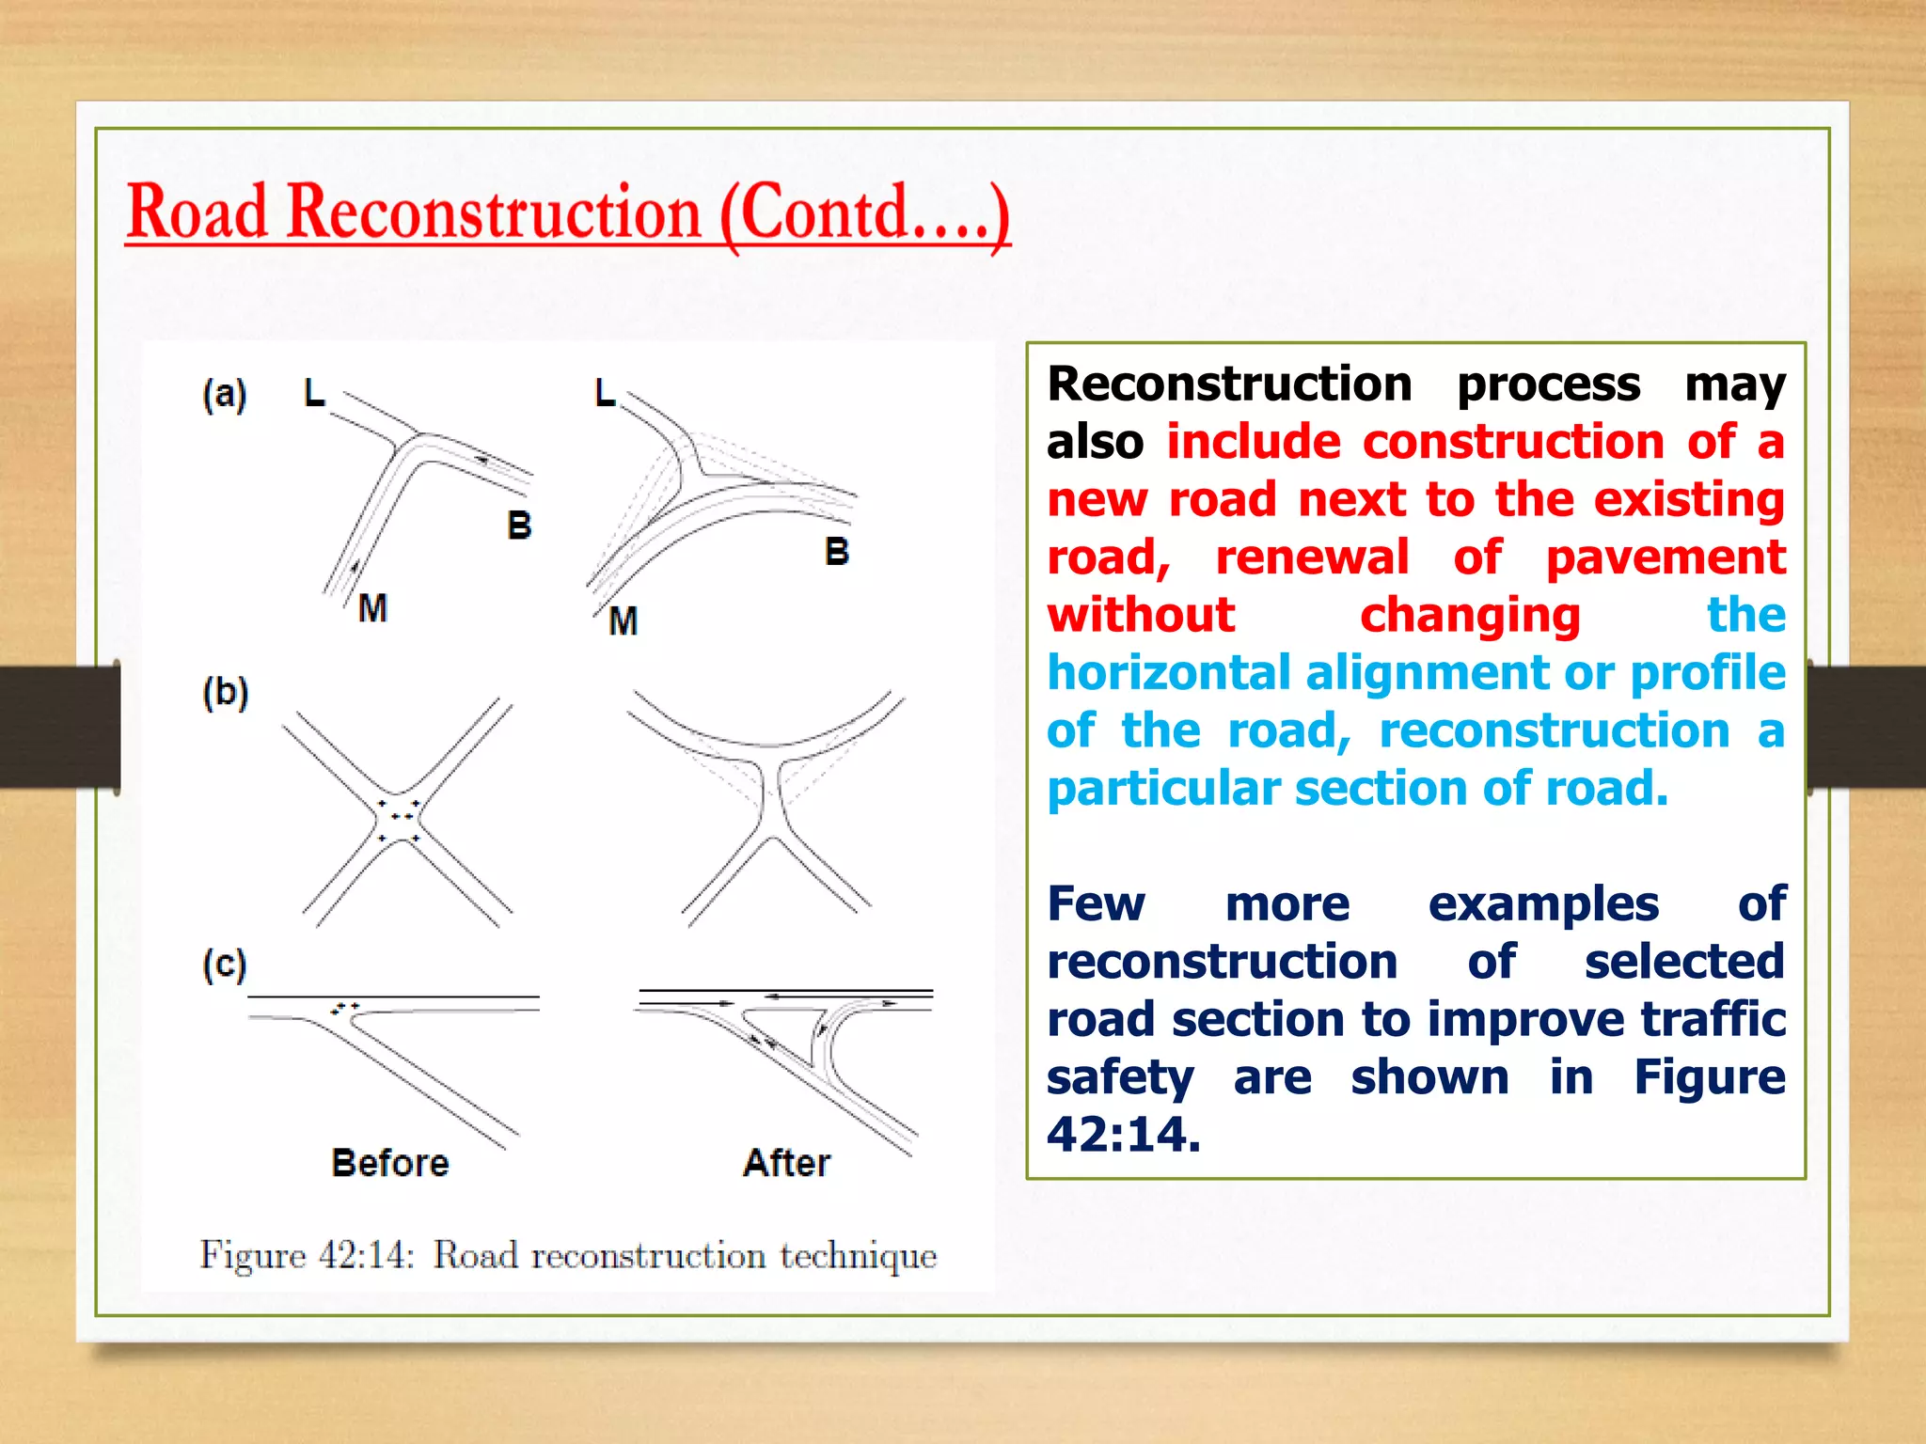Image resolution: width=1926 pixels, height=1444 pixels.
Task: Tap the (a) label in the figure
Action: pos(225,394)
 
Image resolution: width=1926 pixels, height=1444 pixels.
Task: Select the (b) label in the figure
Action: pos(226,694)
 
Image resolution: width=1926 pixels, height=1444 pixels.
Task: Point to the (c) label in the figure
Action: pos(225,965)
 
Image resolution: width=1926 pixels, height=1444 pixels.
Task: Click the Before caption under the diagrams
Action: pos(390,1164)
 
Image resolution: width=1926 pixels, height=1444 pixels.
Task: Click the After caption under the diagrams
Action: pos(786,1164)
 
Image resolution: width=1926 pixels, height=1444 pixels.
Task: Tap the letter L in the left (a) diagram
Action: pos(314,393)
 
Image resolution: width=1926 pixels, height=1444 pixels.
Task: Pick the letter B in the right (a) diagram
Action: pos(836,552)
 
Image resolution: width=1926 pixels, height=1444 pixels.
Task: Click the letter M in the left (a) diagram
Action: pos(372,608)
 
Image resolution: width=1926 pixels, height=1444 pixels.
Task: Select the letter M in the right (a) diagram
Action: pos(623,621)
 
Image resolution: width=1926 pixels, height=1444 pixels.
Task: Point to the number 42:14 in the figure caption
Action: pos(366,1256)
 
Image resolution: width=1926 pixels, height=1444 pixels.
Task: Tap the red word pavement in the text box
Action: pos(1666,557)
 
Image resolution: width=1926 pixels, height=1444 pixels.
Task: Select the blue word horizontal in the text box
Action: pos(1169,673)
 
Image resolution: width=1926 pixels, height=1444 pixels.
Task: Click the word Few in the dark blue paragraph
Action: pos(1096,904)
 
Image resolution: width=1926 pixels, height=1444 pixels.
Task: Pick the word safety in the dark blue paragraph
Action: pos(1119,1077)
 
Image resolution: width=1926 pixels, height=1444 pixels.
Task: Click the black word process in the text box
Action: pos(1548,385)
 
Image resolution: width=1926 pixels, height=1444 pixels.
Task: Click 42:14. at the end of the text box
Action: pos(1124,1135)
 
